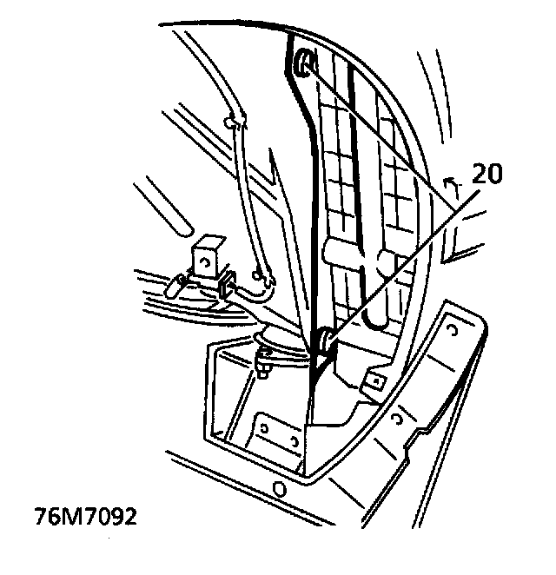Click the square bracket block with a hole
207,255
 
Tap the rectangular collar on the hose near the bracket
227,285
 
